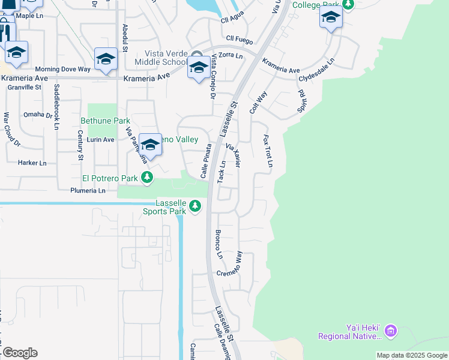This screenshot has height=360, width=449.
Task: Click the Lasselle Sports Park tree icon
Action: click(x=194, y=206)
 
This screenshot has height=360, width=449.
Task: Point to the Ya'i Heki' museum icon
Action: click(x=391, y=330)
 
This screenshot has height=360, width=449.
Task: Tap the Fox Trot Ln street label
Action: click(x=268, y=151)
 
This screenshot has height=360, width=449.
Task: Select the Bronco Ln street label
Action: click(x=218, y=244)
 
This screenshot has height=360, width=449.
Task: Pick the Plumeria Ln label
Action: click(x=88, y=191)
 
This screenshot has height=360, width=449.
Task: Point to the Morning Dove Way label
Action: click(x=62, y=70)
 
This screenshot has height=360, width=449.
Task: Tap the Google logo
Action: click(x=19, y=352)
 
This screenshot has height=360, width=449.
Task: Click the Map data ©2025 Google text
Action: click(x=412, y=355)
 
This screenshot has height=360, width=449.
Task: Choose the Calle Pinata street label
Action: click(x=206, y=160)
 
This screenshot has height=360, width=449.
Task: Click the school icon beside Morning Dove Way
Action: click(x=106, y=59)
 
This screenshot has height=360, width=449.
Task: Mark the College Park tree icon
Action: click(x=348, y=5)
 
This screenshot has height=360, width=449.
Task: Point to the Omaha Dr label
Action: click(x=38, y=115)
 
